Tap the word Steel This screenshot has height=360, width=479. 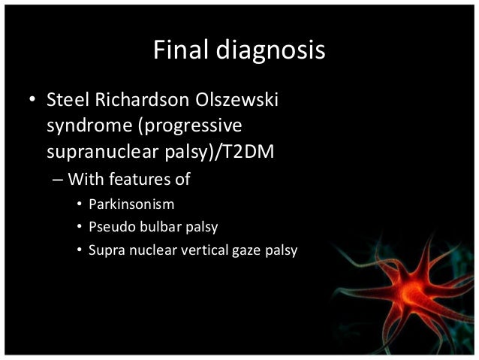66,100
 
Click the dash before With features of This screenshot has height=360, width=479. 59,180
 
